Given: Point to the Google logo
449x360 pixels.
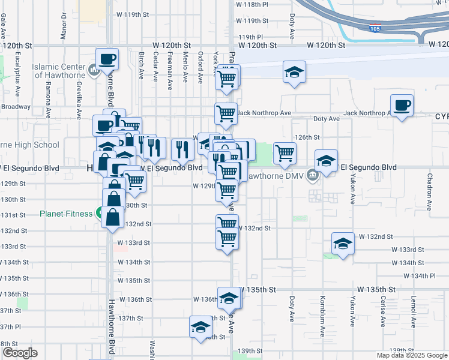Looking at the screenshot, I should coord(20,353).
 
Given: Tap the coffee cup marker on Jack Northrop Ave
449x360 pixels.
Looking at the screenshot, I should coord(402,105).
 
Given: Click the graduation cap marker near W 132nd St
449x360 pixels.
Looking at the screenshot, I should coord(342,243).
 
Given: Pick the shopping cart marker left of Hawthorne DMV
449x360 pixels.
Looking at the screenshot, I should coord(285,152).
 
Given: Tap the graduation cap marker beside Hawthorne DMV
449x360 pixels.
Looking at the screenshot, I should coord(326,161).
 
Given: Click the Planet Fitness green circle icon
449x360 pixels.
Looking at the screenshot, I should coord(98,214).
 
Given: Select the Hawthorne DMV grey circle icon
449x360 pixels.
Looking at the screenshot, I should coord(313,176).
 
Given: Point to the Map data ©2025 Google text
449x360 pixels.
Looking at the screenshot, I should coord(411,355).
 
